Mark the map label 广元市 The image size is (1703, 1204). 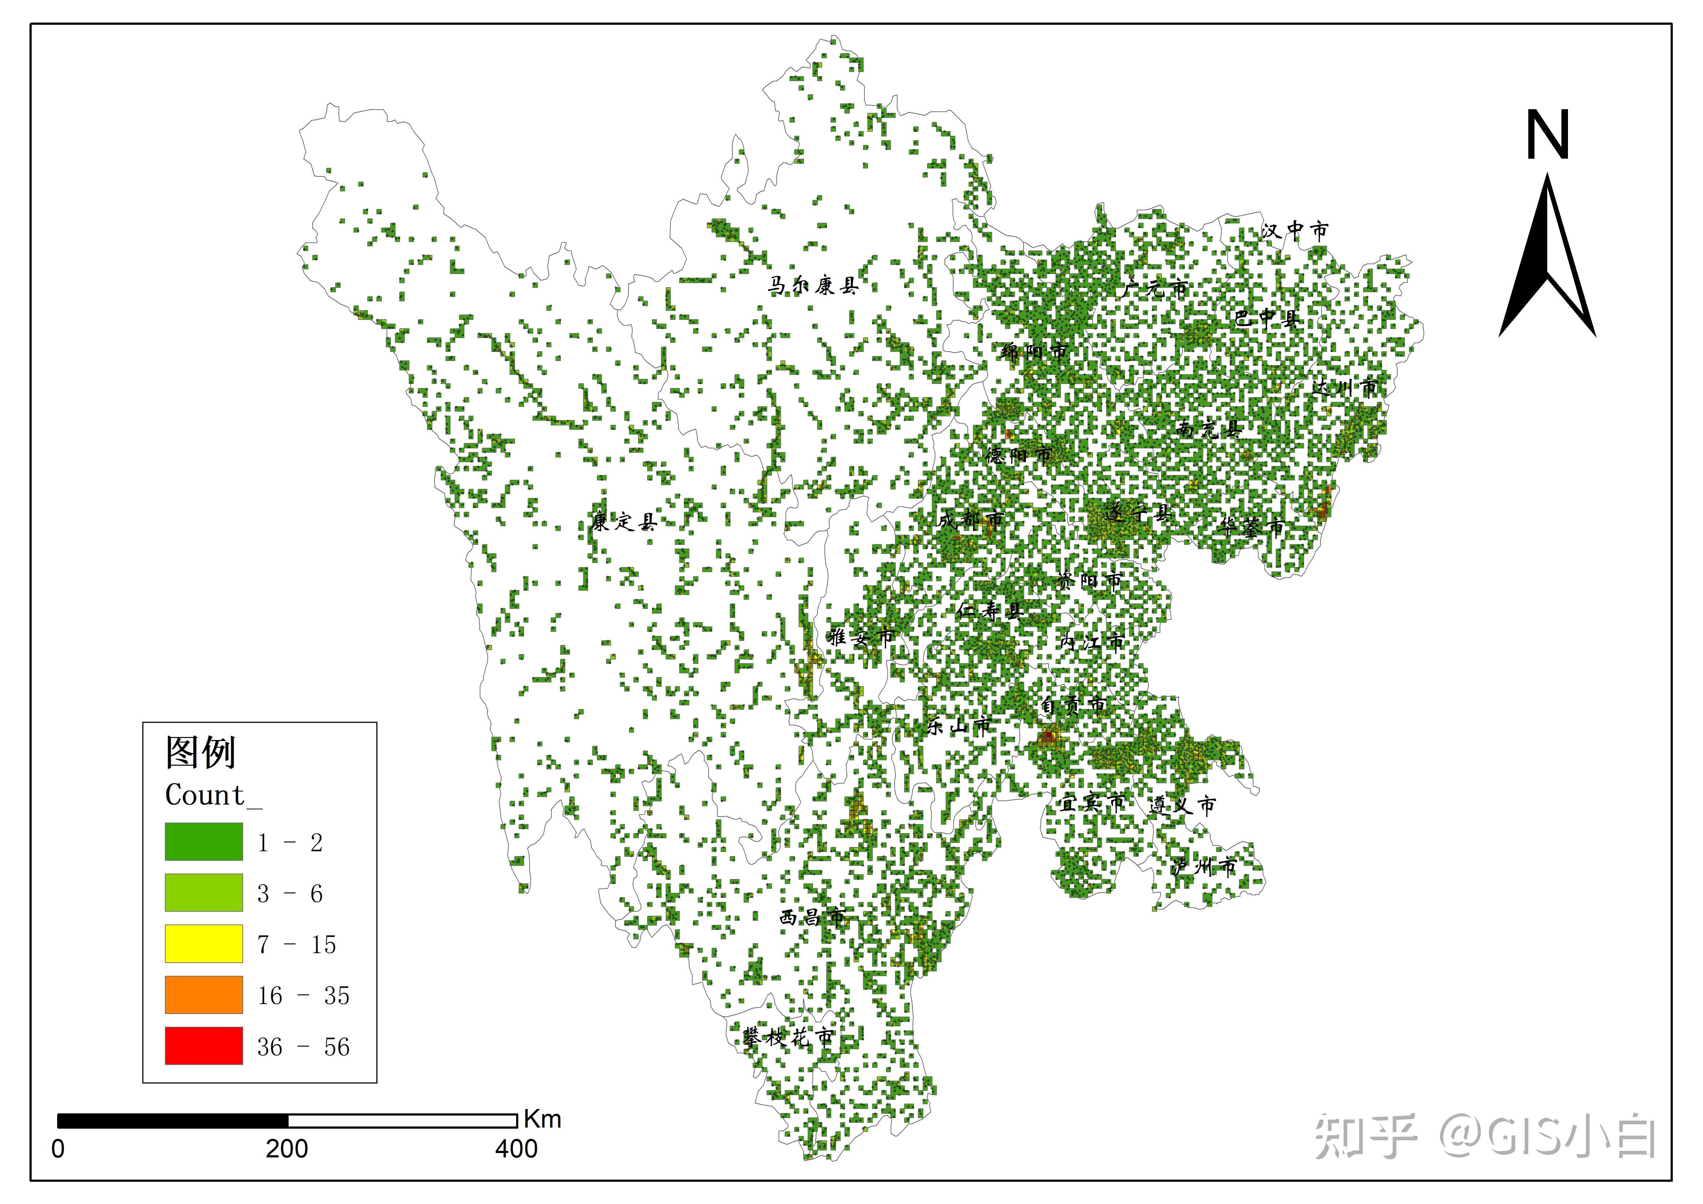(1154, 289)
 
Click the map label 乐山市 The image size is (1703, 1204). (958, 725)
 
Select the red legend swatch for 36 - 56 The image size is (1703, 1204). (203, 1045)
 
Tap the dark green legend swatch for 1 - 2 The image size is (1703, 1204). (203, 841)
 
